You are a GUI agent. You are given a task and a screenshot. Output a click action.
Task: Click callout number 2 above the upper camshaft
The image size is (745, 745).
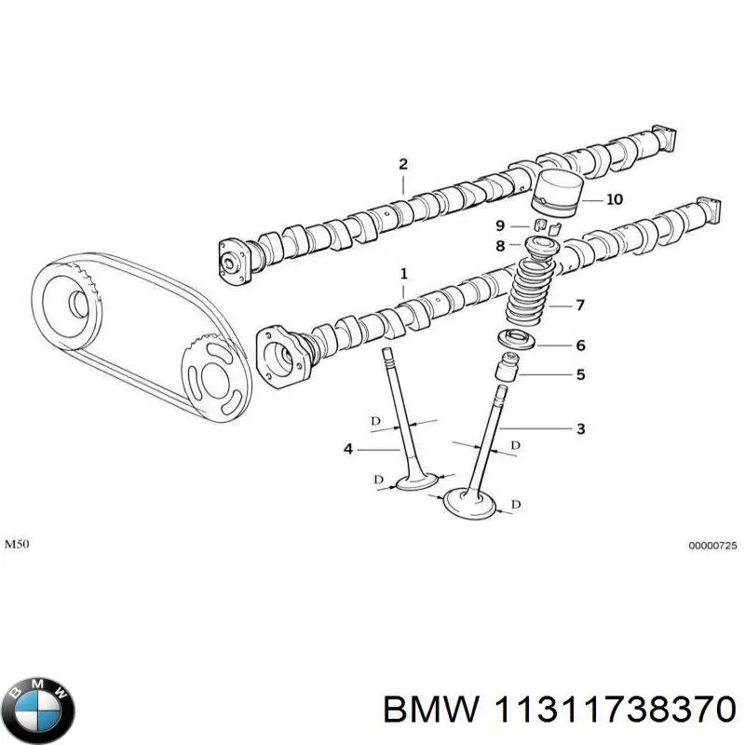click(403, 165)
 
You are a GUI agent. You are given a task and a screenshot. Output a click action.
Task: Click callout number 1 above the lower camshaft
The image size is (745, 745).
click(404, 274)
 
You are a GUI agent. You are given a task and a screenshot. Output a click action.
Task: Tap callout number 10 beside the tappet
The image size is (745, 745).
click(614, 199)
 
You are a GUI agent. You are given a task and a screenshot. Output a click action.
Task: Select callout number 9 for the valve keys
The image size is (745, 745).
click(499, 225)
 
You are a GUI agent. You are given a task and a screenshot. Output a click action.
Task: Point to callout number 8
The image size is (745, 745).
click(499, 246)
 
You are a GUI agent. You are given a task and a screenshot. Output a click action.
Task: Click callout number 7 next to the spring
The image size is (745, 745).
click(579, 305)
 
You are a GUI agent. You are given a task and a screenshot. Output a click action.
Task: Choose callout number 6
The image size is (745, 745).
click(579, 345)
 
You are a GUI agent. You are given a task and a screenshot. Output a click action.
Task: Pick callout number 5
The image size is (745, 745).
click(579, 375)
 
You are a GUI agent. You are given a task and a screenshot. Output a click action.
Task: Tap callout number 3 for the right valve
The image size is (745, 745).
click(579, 429)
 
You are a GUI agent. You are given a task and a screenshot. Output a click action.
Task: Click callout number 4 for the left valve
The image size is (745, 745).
click(348, 449)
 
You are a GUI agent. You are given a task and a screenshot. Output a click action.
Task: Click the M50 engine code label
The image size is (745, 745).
click(19, 543)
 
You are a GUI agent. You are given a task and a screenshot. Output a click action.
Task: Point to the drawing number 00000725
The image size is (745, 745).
click(713, 547)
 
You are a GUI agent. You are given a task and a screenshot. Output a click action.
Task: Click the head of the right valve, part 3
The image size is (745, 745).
click(470, 504)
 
